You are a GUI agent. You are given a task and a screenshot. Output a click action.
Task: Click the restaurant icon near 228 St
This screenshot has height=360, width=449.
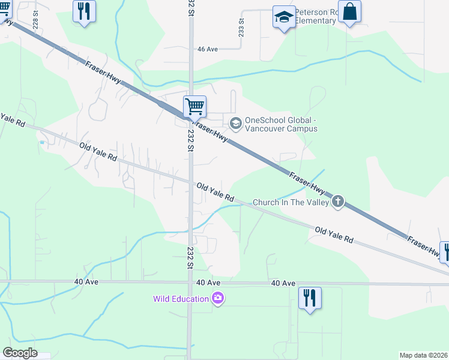tap(83, 11)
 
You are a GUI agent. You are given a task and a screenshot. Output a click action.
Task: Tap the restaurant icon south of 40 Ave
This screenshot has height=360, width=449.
tap(310, 298)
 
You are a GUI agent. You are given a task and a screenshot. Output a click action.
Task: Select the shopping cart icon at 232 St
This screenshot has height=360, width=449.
tap(195, 107)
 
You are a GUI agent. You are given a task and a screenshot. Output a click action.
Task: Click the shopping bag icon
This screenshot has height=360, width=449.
tap(349, 11)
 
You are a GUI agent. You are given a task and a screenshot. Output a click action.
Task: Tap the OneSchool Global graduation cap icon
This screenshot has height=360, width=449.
tap(236, 124)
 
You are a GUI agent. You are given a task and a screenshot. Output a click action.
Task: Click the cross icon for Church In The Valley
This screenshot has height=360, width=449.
tap(338, 202)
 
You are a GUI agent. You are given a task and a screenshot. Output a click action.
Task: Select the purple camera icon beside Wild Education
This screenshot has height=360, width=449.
tap(218, 298)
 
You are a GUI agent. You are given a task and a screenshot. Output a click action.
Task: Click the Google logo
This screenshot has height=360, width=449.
tap(20, 353)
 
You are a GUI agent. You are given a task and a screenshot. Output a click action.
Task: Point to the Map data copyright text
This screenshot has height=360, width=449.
tap(424, 355)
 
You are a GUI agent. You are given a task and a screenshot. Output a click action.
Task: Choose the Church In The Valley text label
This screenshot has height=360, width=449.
tap(291, 202)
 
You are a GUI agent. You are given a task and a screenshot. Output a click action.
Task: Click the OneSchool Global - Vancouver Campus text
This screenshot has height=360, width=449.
tap(281, 124)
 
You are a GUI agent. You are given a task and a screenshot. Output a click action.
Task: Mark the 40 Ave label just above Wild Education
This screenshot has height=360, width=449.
tap(208, 283)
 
